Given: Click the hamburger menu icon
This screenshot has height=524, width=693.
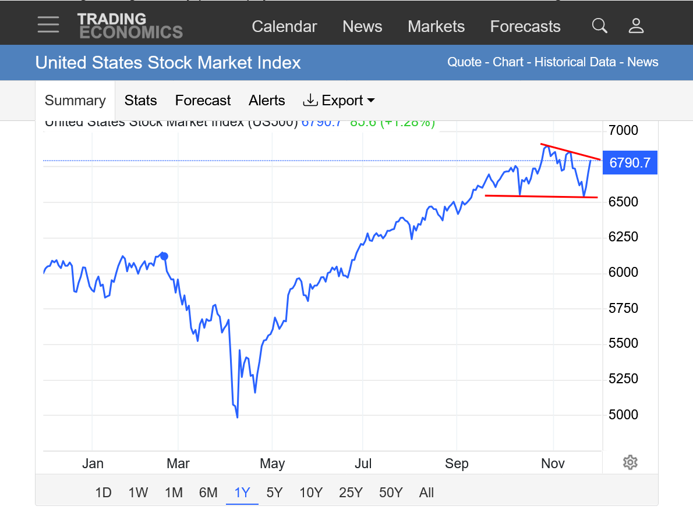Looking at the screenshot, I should coord(48,24).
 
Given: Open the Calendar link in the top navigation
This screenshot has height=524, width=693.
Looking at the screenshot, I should coord(284,27).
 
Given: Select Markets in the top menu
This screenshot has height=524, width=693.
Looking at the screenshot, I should coord(436,27).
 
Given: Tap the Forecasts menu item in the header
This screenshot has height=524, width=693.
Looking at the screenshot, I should coord(525,27).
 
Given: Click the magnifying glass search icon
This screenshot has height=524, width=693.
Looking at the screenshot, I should coord(599,26).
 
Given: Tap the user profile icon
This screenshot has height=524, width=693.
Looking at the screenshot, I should coord(636,26).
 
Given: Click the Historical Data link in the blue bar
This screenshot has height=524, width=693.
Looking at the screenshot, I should coord(575,62).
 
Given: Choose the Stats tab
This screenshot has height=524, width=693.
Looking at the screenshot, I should coord(140,101).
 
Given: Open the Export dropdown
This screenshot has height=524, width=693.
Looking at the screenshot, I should coord(339,101).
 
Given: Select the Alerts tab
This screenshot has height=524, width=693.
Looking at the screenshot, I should coord(267,101).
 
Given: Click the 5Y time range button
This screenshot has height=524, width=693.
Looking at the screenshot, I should coord(274,493).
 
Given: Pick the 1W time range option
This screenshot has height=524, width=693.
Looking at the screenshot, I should coord(138,493).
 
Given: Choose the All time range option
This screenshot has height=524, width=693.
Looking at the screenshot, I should coord(426,493).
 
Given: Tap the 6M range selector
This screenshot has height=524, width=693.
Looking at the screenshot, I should coord(208,493).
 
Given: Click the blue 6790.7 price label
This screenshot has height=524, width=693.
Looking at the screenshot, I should coord(630,163).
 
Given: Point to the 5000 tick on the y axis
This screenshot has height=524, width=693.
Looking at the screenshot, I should coord(624,415).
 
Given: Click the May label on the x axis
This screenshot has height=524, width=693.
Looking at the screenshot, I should coord(272,464).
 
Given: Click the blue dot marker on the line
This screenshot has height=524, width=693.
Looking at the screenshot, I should coord(164,256).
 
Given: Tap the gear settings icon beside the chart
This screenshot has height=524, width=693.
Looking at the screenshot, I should coord(630,462).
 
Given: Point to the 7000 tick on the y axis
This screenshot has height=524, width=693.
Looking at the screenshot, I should coord(624,130).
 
